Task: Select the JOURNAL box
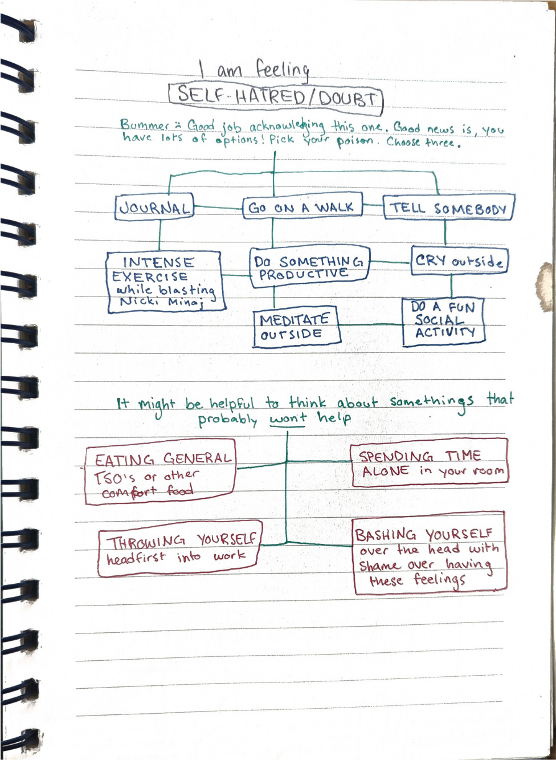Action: [155, 208]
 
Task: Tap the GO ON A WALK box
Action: [302, 208]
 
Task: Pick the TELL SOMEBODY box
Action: [448, 209]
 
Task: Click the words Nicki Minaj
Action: [161, 302]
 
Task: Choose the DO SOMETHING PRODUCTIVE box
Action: [309, 266]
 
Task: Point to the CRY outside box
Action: [459, 261]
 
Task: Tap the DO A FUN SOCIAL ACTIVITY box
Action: [444, 322]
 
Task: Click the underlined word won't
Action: [288, 419]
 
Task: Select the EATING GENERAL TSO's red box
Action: [160, 472]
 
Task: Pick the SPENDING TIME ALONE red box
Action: [429, 463]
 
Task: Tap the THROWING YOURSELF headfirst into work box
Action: [179, 548]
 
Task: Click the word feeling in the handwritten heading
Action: [282, 70]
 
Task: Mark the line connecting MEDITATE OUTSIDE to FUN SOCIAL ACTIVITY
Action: [371, 325]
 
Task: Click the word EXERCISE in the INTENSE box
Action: [150, 277]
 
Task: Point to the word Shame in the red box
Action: [379, 566]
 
